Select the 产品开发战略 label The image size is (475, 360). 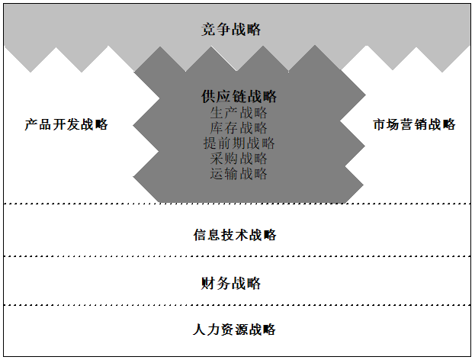pyautogui.click(x=66, y=124)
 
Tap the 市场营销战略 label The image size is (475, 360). pyautogui.click(x=414, y=124)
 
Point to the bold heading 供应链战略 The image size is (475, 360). pyautogui.click(x=239, y=97)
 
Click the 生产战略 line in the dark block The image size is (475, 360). pyautogui.click(x=239, y=112)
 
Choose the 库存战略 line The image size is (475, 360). pyautogui.click(x=239, y=127)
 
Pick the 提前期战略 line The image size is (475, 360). pyautogui.click(x=239, y=143)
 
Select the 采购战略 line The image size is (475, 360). pyautogui.click(x=239, y=158)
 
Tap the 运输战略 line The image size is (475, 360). pyautogui.click(x=239, y=173)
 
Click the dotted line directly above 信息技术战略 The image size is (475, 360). pyautogui.click(x=237, y=204)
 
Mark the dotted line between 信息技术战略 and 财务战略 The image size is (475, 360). pyautogui.click(x=237, y=256)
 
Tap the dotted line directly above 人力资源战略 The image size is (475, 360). pyautogui.click(x=237, y=305)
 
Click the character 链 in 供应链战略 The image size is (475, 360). pyautogui.click(x=239, y=97)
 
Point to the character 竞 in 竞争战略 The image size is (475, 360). pyautogui.click(x=209, y=30)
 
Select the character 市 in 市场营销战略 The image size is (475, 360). pyautogui.click(x=379, y=124)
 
